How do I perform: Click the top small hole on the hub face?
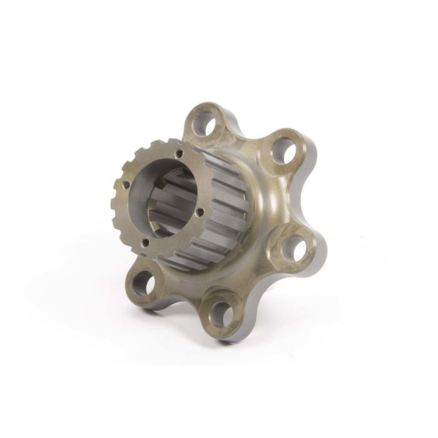pos(179,153)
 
